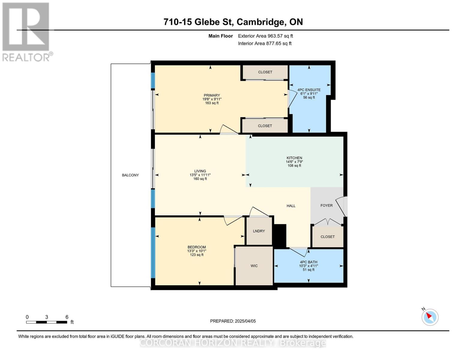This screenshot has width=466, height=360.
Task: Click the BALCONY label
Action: coord(130,175)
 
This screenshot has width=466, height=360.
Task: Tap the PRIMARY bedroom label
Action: coord(212,95)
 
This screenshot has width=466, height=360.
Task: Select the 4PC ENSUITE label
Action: coord(309,90)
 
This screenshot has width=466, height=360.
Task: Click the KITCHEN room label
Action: coord(294,158)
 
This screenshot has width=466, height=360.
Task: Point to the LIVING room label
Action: coord(200,171)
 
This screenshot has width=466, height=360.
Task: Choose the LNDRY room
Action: coord(259,231)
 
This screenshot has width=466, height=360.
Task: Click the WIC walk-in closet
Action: coord(254,266)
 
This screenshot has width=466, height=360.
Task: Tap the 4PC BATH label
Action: coord(308,262)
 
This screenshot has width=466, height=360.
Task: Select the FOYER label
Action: coord(326,205)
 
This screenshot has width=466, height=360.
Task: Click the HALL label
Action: coord(291,206)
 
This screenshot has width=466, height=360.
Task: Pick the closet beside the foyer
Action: coord(327,237)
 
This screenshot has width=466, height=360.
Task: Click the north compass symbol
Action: coord(430,317)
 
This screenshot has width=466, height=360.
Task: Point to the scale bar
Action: coord(47,322)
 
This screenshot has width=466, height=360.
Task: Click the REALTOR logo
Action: coord(26,31)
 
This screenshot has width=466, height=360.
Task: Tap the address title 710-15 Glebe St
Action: coord(233,22)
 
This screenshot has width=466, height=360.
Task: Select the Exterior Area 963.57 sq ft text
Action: coord(265,36)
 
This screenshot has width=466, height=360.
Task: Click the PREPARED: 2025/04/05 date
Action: coord(233,321)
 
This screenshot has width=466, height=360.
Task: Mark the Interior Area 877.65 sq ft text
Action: coord(265,43)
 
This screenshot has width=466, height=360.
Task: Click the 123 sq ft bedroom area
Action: coord(197,255)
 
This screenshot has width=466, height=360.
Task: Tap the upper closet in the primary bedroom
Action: coord(265,72)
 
